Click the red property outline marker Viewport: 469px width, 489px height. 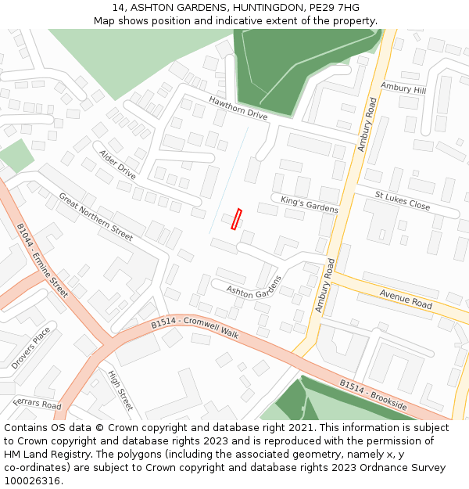(236, 219)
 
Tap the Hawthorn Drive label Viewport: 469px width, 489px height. (238, 108)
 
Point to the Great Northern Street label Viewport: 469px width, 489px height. (95, 216)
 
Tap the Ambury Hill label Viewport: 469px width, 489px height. (403, 88)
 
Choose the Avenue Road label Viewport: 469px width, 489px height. (406, 298)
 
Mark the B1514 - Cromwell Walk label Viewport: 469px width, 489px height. (195, 326)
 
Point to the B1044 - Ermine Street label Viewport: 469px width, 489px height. (42, 261)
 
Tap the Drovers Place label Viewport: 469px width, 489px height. (30, 348)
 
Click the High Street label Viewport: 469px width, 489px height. (120, 390)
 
